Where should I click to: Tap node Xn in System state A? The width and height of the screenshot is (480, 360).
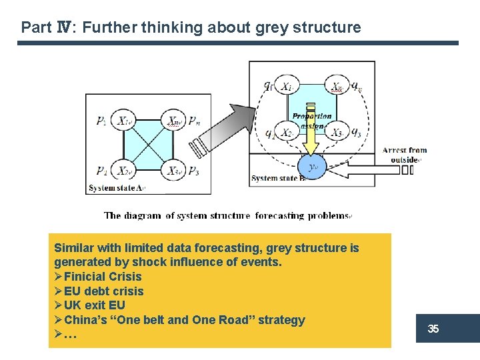point(175,121)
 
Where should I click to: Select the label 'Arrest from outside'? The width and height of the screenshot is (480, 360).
point(405,155)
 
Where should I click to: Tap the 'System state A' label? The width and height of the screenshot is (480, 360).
point(116,188)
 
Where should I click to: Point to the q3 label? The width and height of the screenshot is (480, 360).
point(357,133)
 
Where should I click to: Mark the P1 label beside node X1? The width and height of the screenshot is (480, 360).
point(101,121)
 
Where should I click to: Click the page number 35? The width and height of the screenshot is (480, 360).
point(433,329)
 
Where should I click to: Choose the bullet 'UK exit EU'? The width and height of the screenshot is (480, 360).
point(94,305)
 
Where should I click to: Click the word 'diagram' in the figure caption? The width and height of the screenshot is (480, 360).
point(143,215)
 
